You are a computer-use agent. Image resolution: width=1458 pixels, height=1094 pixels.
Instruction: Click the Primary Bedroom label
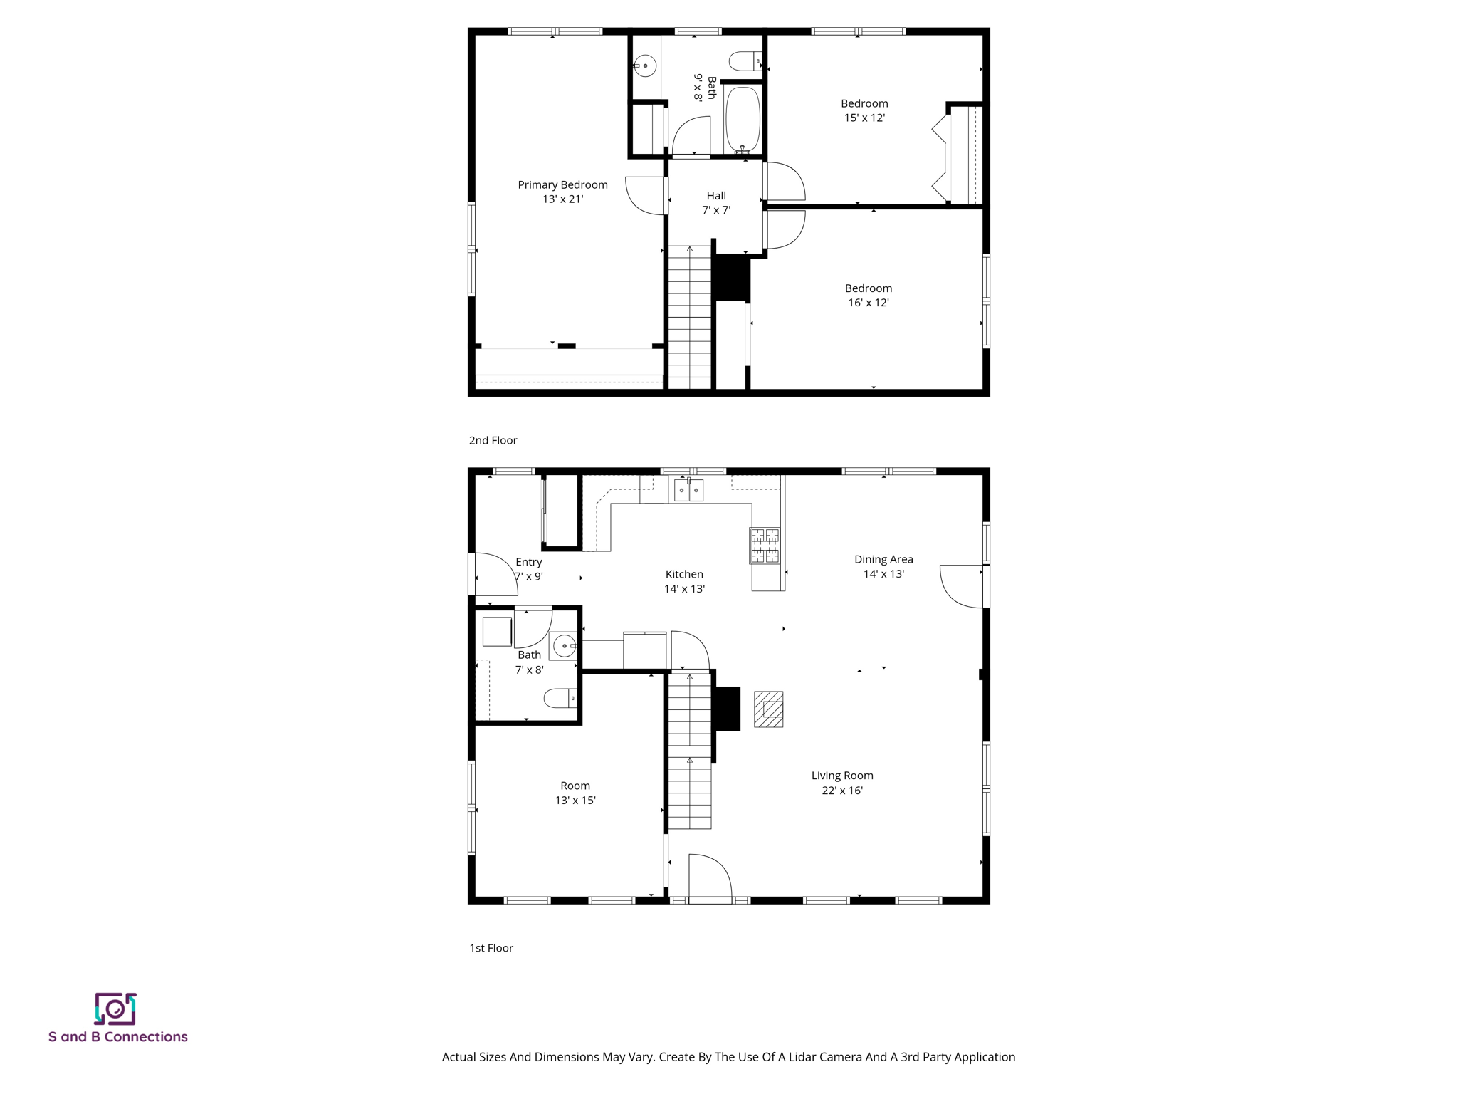[562, 185]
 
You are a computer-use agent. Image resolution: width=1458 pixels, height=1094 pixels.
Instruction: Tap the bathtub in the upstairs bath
[743, 120]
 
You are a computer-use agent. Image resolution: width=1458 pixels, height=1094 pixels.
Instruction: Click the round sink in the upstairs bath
[645, 66]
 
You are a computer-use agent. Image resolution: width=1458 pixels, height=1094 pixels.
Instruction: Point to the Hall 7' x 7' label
[716, 203]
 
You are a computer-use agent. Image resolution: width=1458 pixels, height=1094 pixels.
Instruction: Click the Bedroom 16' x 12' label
[868, 296]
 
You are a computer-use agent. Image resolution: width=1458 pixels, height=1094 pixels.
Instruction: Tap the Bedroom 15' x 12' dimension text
[864, 118]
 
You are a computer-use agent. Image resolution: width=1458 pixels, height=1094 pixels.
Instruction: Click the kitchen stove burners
[765, 546]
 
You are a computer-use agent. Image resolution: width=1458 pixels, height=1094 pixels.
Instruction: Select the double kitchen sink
[688, 490]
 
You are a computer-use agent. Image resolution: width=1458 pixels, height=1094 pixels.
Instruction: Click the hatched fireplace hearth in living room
[769, 709]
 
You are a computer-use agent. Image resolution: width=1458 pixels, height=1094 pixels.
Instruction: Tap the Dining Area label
[883, 560]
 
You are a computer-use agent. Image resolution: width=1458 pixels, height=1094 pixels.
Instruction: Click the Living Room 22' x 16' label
[842, 783]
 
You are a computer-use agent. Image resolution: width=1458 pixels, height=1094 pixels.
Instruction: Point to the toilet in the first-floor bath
[560, 698]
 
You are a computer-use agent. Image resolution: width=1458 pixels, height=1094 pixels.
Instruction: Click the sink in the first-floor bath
[564, 647]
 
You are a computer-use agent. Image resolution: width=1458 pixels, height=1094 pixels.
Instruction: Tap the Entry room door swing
[495, 575]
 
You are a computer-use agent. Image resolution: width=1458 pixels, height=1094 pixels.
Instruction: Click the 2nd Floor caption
[493, 440]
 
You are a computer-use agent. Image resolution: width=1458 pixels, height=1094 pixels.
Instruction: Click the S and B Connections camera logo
[115, 1009]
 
